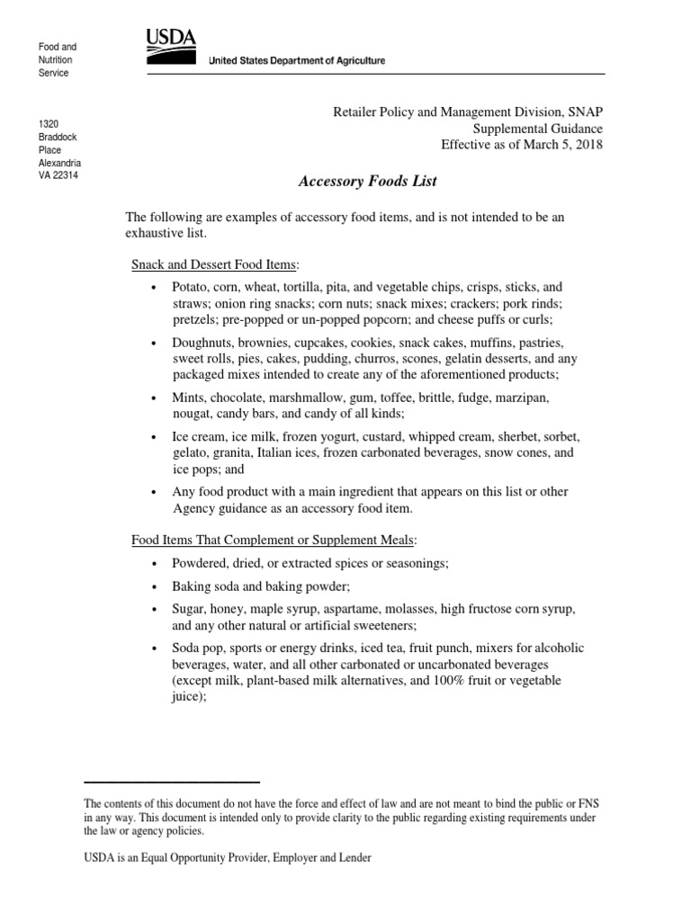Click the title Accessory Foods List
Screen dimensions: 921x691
coord(367,181)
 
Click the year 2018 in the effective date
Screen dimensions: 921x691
coord(586,145)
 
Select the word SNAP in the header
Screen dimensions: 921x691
coord(586,112)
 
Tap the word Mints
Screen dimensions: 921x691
coord(190,397)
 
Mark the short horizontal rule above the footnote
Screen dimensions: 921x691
coord(172,782)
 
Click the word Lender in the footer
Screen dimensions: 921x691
coord(353,858)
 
